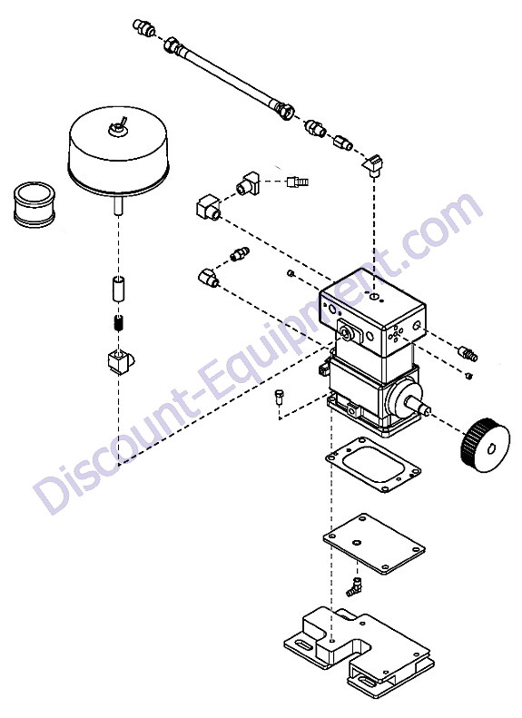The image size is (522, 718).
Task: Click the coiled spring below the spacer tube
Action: (119, 324)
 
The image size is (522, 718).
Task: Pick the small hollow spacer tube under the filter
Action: (119, 289)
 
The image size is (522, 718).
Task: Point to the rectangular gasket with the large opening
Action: (373, 465)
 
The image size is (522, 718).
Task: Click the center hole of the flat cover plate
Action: (356, 543)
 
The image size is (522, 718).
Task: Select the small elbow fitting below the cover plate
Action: (354, 587)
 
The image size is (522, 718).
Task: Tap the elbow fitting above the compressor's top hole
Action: (372, 165)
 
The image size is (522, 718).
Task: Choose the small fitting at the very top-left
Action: (143, 28)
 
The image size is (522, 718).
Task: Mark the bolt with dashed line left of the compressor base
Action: (279, 396)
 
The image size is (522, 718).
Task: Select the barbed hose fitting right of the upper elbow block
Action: (297, 182)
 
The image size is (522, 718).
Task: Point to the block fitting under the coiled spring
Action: (121, 363)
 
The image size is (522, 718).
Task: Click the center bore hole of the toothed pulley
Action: (492, 449)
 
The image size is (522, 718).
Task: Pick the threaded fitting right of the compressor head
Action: (468, 353)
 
